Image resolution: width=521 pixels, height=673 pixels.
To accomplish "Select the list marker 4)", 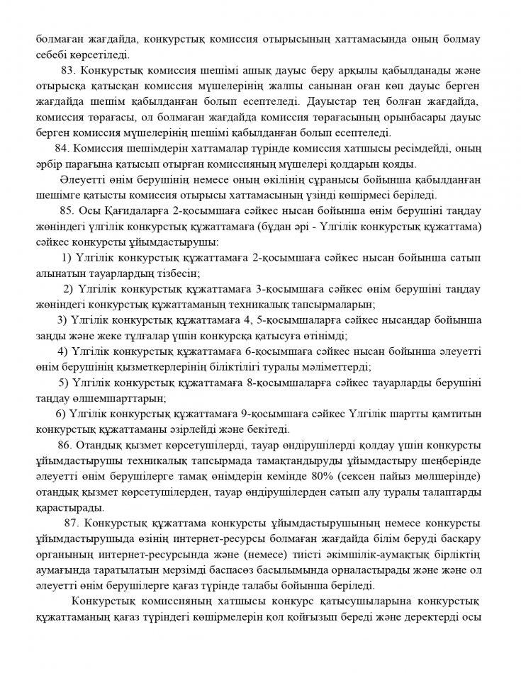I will pyautogui.click(x=62, y=351).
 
